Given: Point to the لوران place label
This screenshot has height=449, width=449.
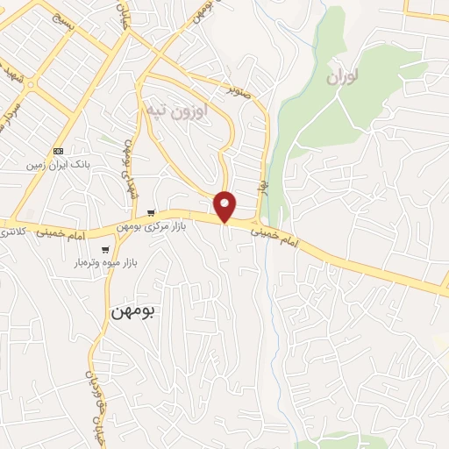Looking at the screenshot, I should coord(344,77).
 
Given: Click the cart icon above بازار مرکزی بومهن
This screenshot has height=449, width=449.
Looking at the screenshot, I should coord(152,213).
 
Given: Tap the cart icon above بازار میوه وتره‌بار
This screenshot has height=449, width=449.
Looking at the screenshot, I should coord(105,250).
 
